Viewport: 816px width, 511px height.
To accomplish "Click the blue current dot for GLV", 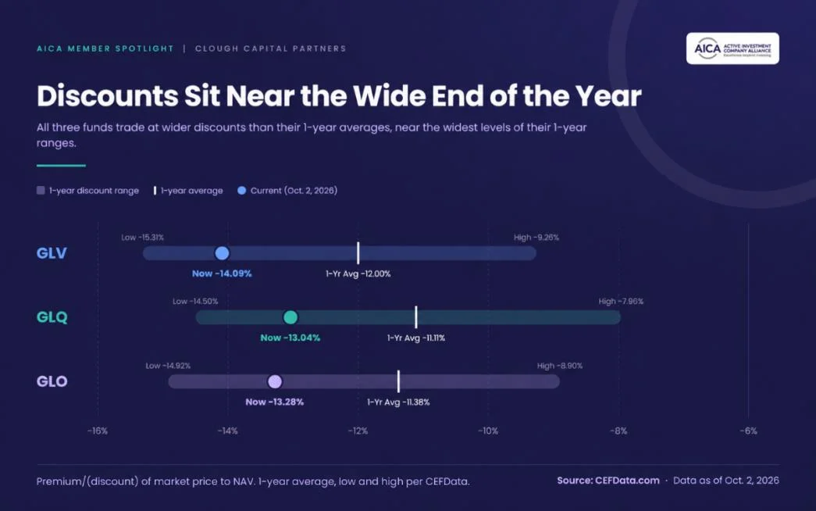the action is click(x=222, y=253).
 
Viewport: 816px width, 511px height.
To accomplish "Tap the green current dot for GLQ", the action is click(x=290, y=317).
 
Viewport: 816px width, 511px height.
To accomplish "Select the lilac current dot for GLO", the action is click(x=275, y=382).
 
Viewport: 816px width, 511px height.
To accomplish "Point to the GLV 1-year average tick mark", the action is click(x=358, y=253).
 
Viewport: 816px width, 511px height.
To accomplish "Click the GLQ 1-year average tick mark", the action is click(x=415, y=317).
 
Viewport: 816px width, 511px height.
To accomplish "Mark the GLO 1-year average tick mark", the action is click(x=399, y=381).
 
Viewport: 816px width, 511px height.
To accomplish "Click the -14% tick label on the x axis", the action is click(x=227, y=431).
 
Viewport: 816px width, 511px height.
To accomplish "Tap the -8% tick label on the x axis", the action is click(x=618, y=431).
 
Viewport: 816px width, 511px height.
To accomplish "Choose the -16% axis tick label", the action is click(x=98, y=431).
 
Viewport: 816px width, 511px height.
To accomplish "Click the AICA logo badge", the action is click(x=732, y=48).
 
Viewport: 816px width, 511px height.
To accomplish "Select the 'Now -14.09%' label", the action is click(x=222, y=273).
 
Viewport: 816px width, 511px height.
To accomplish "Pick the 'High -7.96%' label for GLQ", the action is click(x=621, y=301).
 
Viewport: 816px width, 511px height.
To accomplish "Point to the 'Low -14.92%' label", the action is click(x=168, y=366).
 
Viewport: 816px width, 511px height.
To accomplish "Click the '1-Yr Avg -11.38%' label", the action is click(x=399, y=402).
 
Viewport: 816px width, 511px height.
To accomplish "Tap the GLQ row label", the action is click(x=52, y=317).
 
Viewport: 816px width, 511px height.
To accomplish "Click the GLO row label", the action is click(x=52, y=381).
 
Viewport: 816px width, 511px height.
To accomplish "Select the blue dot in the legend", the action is click(x=241, y=191).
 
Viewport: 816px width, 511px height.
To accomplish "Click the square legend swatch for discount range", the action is click(x=41, y=191).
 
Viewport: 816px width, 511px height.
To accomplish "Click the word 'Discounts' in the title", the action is click(x=107, y=96).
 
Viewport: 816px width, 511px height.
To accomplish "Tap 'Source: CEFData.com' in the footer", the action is click(x=608, y=481).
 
